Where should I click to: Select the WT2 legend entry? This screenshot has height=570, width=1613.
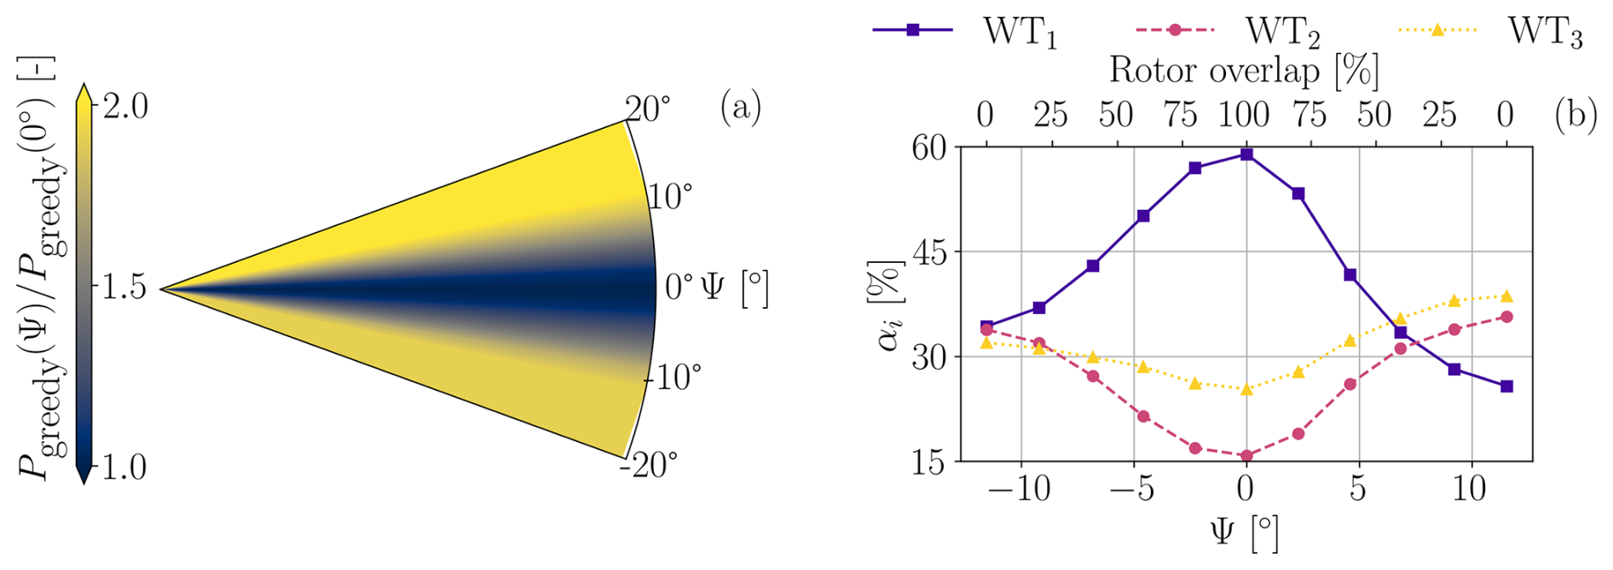pyautogui.click(x=1229, y=32)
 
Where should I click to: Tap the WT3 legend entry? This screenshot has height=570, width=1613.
pyautogui.click(x=1491, y=32)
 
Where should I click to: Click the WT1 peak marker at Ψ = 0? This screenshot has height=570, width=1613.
pyautogui.click(x=1246, y=154)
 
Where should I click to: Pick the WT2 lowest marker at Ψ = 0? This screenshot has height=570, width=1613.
pyautogui.click(x=1246, y=456)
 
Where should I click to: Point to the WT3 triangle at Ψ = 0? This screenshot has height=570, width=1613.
pyautogui.click(x=1246, y=389)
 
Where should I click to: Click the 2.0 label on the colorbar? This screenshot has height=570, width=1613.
pyautogui.click(x=124, y=107)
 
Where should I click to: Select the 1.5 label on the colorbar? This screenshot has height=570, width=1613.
pyautogui.click(x=124, y=288)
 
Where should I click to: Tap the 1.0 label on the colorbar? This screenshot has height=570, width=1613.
pyautogui.click(x=124, y=468)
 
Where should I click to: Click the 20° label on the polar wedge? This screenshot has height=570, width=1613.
pyautogui.click(x=648, y=108)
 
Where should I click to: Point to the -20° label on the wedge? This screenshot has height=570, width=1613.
pyautogui.click(x=649, y=465)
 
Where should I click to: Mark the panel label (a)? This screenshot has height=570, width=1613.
pyautogui.click(x=740, y=108)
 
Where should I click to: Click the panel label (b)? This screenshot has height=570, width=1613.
pyautogui.click(x=1575, y=114)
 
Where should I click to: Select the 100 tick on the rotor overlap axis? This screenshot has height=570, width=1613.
pyautogui.click(x=1246, y=114)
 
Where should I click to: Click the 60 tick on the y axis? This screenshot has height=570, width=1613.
pyautogui.click(x=929, y=148)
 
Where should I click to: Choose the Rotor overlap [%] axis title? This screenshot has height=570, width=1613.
pyautogui.click(x=1244, y=70)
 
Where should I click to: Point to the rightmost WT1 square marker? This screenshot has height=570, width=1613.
pyautogui.click(x=1506, y=387)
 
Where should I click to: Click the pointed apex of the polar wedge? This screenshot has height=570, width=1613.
pyautogui.click(x=161, y=289)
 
